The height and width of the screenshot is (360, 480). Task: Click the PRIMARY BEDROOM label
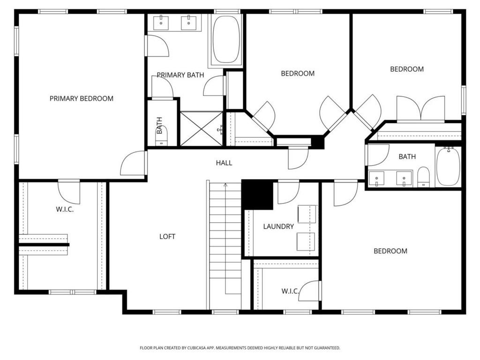pos(82,98)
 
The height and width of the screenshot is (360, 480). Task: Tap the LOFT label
pos(167,236)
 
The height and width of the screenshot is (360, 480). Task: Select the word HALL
pos(224,163)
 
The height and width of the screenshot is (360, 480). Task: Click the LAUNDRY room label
pos(278,226)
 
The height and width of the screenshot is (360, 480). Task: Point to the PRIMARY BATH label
pos(180,75)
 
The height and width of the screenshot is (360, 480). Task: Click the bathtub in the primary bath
pos(226,40)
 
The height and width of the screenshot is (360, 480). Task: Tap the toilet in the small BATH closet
pos(161,136)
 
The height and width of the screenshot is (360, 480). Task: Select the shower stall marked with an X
pos(202,128)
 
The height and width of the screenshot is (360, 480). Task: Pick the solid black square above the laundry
pos(257,195)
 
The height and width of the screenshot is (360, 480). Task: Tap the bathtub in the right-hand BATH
pos(448,166)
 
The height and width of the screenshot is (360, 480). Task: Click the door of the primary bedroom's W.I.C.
pos(69,192)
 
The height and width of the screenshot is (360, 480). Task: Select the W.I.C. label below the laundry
pos(290,291)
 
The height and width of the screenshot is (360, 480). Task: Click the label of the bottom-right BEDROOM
pos(390,251)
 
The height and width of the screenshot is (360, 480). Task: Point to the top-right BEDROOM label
pos(407,69)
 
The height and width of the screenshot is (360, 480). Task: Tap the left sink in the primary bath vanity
pos(161,22)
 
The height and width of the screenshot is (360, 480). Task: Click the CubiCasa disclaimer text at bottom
pos(240,348)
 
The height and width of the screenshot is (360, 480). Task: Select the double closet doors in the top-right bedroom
pos(420,109)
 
